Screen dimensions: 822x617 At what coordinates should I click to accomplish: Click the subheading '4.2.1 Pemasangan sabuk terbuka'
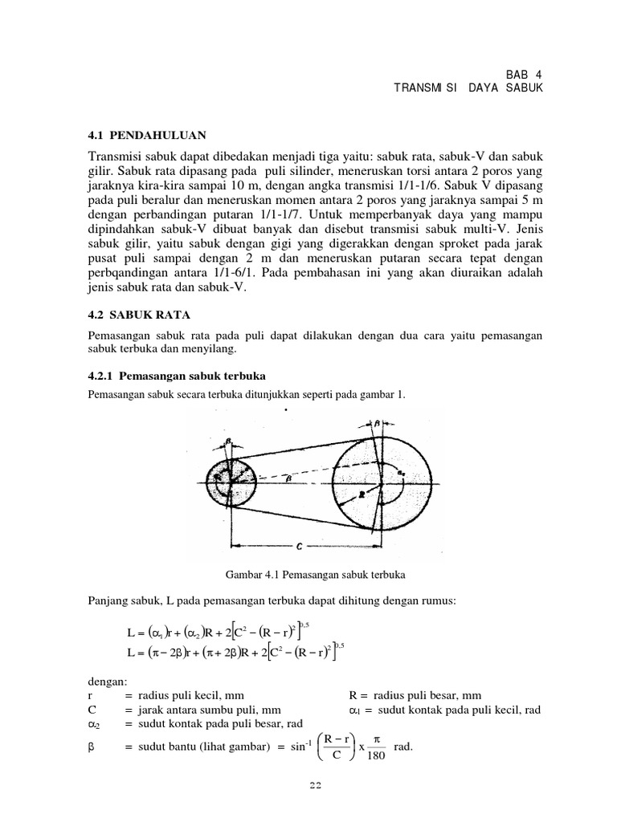pos(176,376)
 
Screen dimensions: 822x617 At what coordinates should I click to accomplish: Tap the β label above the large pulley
pos(378,421)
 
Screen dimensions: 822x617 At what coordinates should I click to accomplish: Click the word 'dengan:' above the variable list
pos(104,681)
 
